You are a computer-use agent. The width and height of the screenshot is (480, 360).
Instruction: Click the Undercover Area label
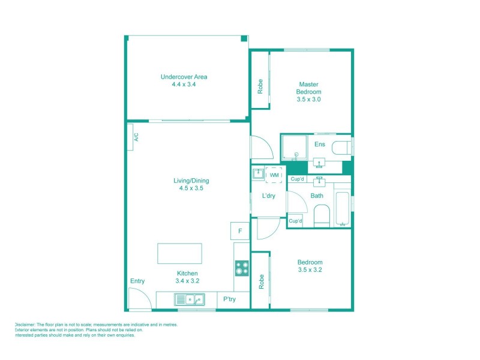tap(184, 80)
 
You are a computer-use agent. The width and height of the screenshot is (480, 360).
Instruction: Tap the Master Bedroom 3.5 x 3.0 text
tap(308, 92)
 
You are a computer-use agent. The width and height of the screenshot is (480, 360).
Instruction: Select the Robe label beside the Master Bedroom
tap(260, 87)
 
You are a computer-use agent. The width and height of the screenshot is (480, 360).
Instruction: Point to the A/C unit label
tap(136, 137)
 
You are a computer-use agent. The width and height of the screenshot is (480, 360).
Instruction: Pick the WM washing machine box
tap(274, 175)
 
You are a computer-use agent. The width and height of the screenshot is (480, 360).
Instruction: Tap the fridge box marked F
tap(240, 230)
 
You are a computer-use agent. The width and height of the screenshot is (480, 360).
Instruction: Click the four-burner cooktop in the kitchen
tap(241, 268)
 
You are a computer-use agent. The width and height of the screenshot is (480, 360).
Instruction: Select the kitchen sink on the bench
tap(189, 299)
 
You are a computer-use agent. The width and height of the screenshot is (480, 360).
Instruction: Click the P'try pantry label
tap(229, 299)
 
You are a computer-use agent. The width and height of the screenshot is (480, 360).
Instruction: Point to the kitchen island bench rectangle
tap(179, 253)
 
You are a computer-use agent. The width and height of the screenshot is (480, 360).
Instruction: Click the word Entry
tap(137, 281)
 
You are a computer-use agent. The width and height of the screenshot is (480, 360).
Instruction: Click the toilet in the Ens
tap(341, 148)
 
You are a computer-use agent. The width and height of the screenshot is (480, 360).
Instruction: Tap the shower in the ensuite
tap(294, 147)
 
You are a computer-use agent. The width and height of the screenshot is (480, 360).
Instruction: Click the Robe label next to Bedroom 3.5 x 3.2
tap(260, 282)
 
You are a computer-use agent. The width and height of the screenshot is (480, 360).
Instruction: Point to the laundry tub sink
tap(257, 174)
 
